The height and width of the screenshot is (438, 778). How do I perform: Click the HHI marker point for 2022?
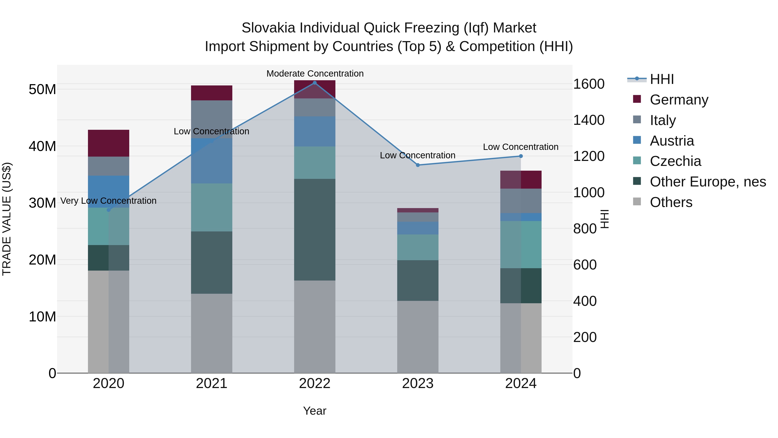click(314, 83)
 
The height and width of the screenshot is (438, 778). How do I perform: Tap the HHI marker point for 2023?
click(418, 165)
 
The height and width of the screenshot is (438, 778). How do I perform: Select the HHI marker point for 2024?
click(521, 156)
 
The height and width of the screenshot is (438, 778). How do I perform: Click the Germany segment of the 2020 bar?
click(108, 143)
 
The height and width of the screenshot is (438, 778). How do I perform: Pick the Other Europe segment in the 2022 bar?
click(314, 230)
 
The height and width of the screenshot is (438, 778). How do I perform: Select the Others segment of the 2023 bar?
click(418, 337)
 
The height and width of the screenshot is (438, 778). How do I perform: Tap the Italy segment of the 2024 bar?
click(521, 201)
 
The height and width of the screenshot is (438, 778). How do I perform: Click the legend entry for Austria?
click(672, 141)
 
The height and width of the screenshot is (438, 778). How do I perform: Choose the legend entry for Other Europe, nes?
click(708, 182)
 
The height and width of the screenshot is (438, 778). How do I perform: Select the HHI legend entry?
click(662, 79)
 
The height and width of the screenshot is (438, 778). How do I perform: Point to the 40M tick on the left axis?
click(42, 146)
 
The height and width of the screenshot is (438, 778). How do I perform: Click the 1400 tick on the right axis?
click(589, 120)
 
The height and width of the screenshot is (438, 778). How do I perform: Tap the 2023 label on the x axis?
click(418, 383)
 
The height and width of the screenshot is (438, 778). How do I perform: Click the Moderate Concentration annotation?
click(315, 74)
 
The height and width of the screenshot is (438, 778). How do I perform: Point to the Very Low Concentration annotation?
click(108, 201)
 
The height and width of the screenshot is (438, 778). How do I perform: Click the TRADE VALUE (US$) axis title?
click(7, 219)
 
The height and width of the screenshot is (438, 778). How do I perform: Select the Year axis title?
click(314, 411)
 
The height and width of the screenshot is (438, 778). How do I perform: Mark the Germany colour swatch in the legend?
click(637, 99)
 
